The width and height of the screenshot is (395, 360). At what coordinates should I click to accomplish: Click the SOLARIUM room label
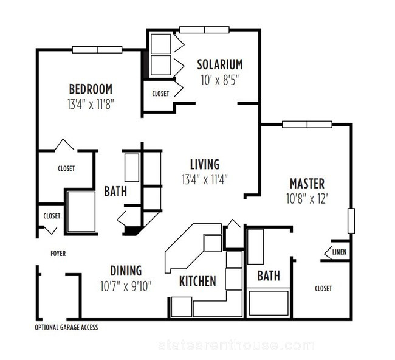click(219, 64)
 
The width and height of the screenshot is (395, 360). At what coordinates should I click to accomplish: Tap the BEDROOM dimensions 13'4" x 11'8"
click(91, 104)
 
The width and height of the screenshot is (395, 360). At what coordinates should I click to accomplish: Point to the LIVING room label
click(205, 164)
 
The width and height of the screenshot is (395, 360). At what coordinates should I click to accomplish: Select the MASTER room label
click(307, 184)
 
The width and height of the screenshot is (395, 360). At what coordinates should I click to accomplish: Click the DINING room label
click(126, 271)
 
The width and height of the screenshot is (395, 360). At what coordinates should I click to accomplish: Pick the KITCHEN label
click(197, 281)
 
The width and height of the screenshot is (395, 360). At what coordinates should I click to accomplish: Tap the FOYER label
click(58, 254)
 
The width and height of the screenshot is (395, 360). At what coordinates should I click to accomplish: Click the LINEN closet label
click(339, 252)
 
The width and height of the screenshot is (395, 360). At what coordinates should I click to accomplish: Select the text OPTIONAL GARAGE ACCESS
click(66, 328)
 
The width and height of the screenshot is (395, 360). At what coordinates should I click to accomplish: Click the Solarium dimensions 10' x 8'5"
click(219, 80)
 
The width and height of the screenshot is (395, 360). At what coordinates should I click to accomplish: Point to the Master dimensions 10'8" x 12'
click(307, 199)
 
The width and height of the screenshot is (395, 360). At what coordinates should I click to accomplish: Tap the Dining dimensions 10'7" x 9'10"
click(126, 286)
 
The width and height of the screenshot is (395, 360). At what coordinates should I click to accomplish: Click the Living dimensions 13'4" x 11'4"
click(205, 179)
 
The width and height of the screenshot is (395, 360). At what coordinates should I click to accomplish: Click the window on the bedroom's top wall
click(97, 50)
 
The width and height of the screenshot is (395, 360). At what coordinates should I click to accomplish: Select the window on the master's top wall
click(307, 124)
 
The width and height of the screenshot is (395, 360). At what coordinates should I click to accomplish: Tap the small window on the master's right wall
click(351, 221)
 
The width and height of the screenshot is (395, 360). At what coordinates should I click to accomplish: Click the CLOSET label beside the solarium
click(160, 94)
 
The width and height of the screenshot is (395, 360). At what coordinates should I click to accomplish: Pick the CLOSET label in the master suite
click(323, 288)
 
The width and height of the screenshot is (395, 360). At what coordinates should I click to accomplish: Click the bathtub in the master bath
click(269, 303)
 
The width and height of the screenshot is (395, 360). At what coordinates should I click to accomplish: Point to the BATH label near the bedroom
click(115, 192)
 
